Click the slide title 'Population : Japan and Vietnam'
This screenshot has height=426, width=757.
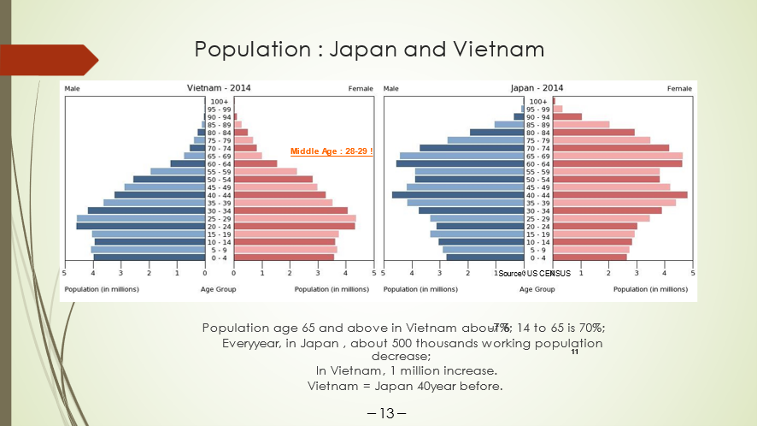click(369, 49)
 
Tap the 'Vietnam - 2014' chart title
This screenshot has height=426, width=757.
click(219, 88)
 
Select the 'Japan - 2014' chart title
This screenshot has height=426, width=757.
click(537, 88)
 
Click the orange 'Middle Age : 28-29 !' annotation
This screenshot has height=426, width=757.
click(332, 151)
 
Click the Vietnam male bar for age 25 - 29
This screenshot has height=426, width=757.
click(141, 218)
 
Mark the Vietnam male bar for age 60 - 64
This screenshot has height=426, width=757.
click(188, 163)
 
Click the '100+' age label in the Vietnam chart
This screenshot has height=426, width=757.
click(220, 102)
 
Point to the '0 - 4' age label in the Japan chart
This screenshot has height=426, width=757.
click(537, 257)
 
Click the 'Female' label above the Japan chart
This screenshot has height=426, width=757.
click(679, 89)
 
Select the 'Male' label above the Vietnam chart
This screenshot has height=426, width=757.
click(73, 89)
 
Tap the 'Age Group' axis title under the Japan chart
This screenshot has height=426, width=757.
click(537, 289)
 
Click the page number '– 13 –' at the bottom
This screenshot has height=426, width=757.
click(386, 414)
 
